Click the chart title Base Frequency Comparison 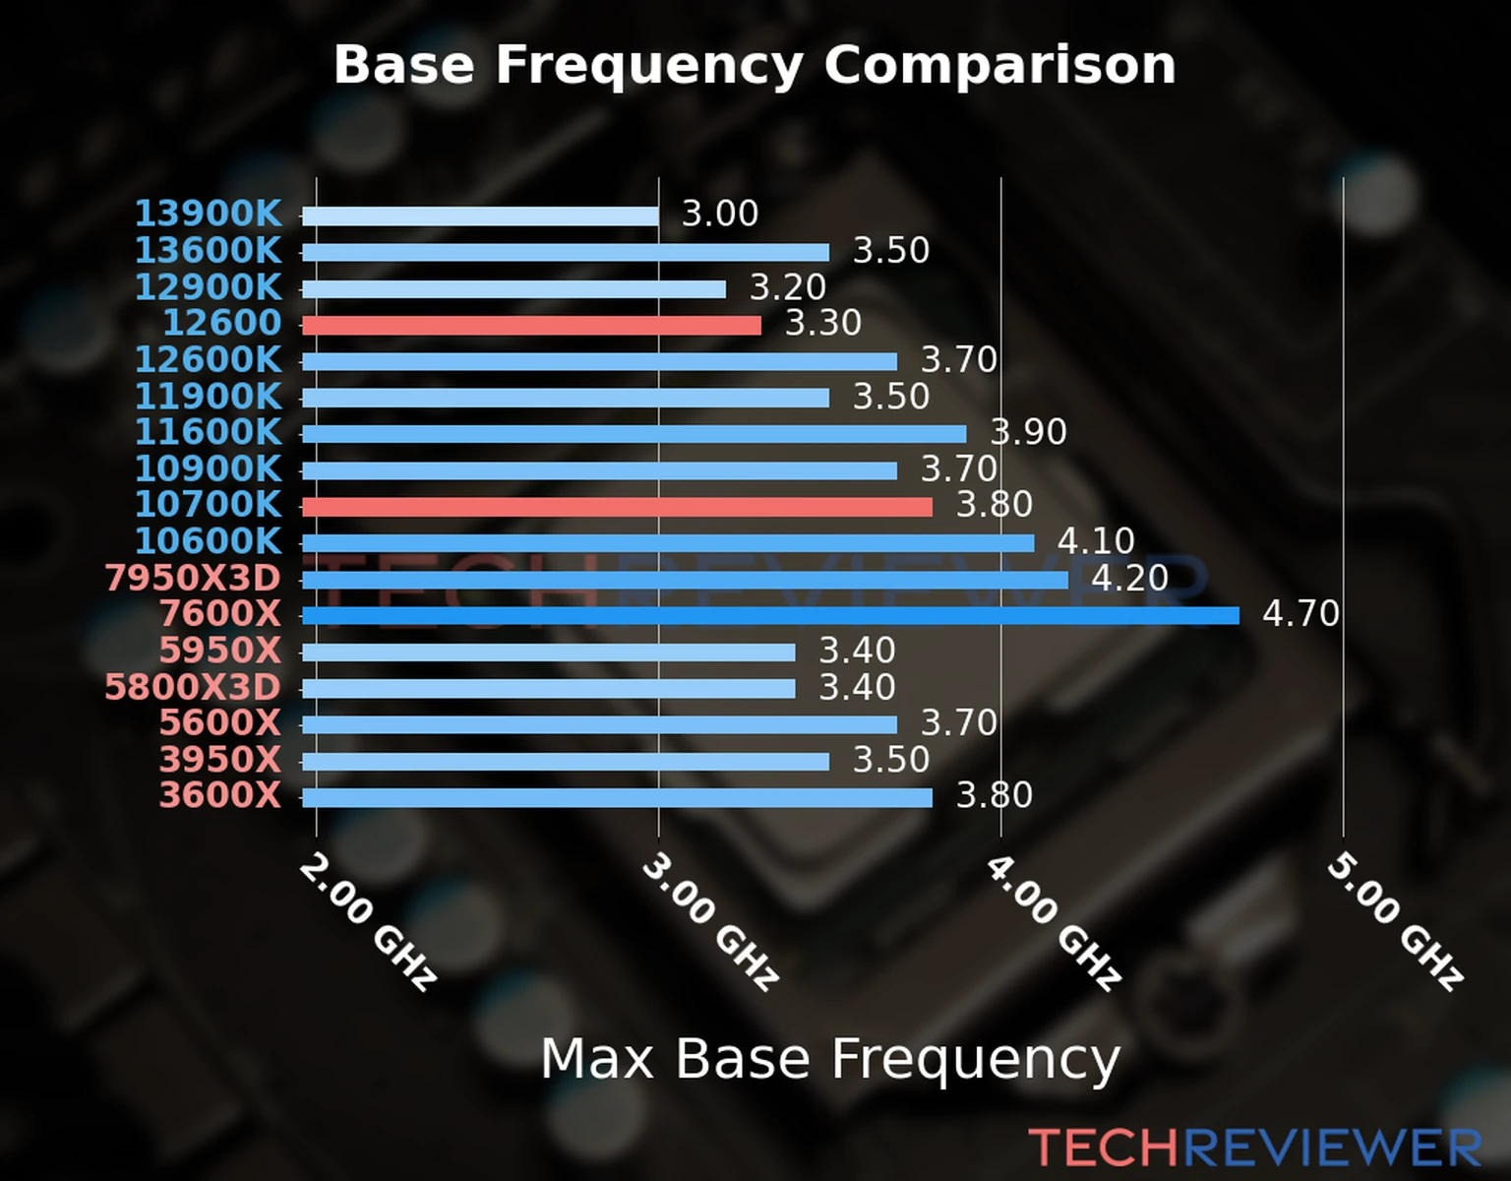click(755, 66)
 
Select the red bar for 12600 click(531, 325)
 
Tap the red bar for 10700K click(617, 507)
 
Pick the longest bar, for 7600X click(770, 616)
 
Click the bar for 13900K click(480, 217)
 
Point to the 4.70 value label click(1300, 614)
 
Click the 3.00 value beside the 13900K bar click(720, 214)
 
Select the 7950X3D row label click(193, 578)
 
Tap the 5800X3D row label click(193, 687)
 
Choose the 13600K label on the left click(208, 250)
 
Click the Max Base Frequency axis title click(830, 1060)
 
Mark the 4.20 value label click(1129, 578)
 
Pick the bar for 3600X click(617, 797)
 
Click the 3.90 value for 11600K click(1028, 432)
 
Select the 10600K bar click(668, 543)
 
